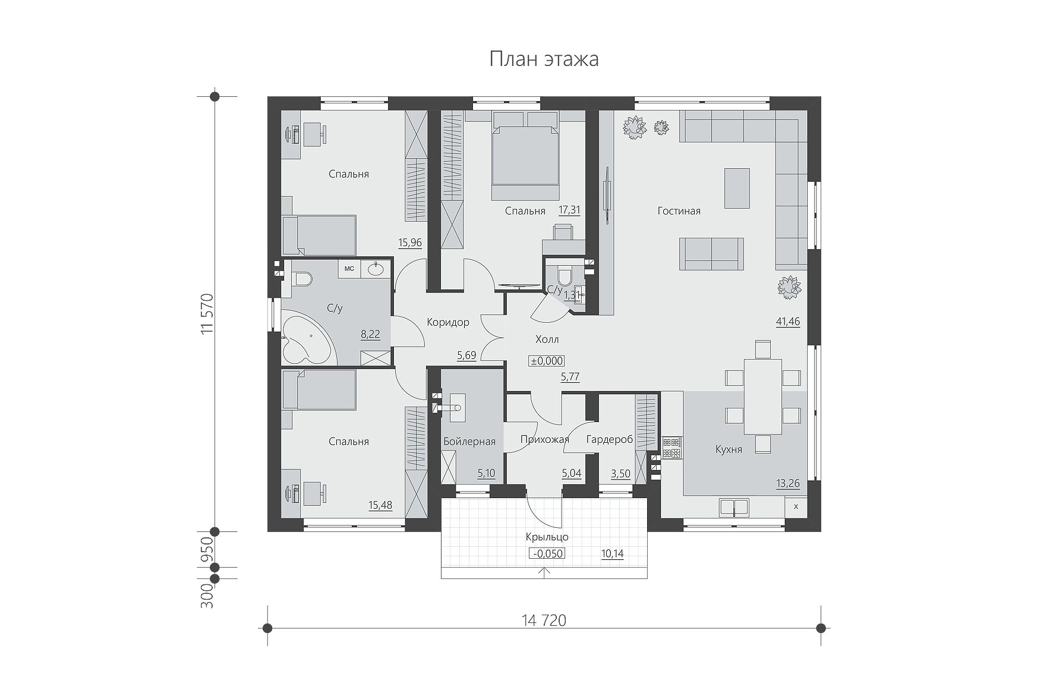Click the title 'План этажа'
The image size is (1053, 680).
544,59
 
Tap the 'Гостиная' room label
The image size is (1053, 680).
679,211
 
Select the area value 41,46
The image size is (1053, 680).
788,322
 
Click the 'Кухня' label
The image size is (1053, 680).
729,449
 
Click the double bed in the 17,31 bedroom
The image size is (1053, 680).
526,156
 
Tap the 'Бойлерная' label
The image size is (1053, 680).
469,442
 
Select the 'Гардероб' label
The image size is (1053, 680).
609,440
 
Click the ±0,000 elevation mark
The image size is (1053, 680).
547,361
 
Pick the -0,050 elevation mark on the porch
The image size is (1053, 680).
547,554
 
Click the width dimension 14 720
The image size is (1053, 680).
544,621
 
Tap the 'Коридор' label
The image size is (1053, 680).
448,322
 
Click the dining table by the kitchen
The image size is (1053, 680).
763,396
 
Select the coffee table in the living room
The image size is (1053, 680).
737,188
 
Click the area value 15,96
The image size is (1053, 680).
410,242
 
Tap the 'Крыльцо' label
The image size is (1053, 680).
547,537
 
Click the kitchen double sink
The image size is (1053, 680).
734,507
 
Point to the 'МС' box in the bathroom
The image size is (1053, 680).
349,269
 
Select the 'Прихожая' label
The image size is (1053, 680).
544,440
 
